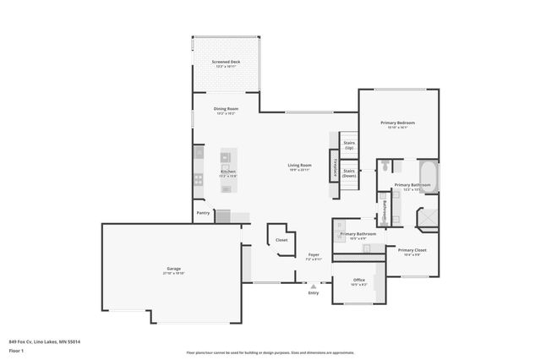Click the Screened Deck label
(x=226, y=62)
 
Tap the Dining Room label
(x=226, y=109)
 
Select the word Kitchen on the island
(x=228, y=172)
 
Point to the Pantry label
(x=203, y=213)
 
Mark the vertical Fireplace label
(x=336, y=167)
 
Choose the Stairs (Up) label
(x=349, y=145)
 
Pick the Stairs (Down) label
(x=349, y=172)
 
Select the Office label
(x=358, y=280)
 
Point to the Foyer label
(x=314, y=254)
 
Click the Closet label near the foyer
(x=281, y=240)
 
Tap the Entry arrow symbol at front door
(x=314, y=286)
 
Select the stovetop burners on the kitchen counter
(x=198, y=178)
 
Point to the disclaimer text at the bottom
(x=270, y=352)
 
